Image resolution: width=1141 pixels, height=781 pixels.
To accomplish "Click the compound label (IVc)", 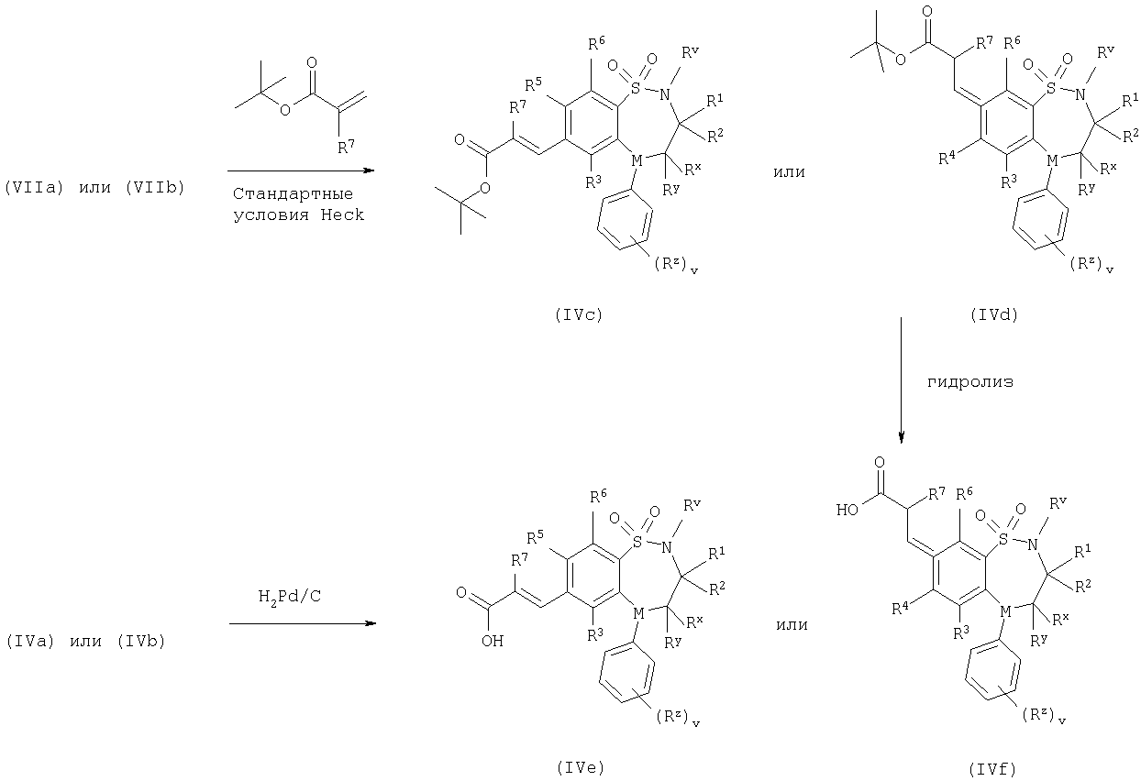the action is pos(579,315).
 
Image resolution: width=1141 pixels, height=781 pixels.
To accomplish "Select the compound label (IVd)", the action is pos(994,315).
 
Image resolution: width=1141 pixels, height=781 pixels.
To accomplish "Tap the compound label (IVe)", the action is pos(581,768).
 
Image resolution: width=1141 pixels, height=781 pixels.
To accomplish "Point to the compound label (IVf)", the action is pos(992,769).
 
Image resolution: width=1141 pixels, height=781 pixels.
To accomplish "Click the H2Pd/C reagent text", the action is pos(290,596).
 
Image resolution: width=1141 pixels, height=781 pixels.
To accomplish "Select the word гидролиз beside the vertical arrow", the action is pos(970,382).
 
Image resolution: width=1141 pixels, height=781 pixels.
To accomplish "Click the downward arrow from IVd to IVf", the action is pos(901,379).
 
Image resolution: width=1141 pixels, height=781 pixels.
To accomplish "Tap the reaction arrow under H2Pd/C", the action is pos(303,623).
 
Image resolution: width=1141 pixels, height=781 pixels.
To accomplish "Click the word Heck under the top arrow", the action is pos(342,214).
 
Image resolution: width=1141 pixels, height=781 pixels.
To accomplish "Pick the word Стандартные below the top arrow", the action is pos(293,194).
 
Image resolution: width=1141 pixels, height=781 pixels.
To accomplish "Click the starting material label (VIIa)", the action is pos(34,188).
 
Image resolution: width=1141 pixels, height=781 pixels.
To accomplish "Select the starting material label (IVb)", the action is pos(141,642).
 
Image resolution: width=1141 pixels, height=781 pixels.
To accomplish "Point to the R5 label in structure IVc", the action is pos(533,84).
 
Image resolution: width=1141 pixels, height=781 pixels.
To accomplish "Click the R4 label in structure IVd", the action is pos(947,159).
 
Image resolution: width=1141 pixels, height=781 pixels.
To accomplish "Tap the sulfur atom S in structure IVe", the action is pos(637,542).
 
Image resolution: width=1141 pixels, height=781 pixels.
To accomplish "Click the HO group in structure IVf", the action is pos(847,510).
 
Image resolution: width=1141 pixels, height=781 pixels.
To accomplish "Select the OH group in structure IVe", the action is pos(492,641).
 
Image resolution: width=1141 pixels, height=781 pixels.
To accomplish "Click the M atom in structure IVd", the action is pos(1052,161).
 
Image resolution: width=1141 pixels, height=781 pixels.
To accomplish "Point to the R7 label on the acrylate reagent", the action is pos(347,148).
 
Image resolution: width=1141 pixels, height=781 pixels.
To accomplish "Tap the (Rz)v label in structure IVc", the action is pos(675,265).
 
